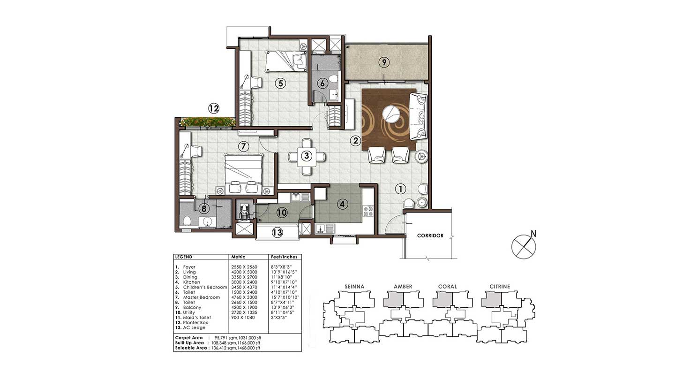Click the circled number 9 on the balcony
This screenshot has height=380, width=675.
(383, 62)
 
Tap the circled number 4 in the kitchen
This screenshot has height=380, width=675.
(343, 204)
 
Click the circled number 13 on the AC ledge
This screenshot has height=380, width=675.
(278, 232)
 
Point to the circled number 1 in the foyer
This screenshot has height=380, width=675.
(400, 189)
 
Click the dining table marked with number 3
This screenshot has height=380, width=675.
(306, 156)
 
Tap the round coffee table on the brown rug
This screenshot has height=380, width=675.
(390, 114)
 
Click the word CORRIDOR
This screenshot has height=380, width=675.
(430, 236)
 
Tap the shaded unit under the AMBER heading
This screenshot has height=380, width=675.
(393, 300)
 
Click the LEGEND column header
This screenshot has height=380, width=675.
(183, 257)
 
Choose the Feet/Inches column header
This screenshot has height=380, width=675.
(284, 257)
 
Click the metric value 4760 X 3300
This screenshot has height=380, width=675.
(243, 297)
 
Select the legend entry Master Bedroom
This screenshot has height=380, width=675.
(201, 297)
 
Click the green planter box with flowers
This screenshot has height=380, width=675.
(207, 122)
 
